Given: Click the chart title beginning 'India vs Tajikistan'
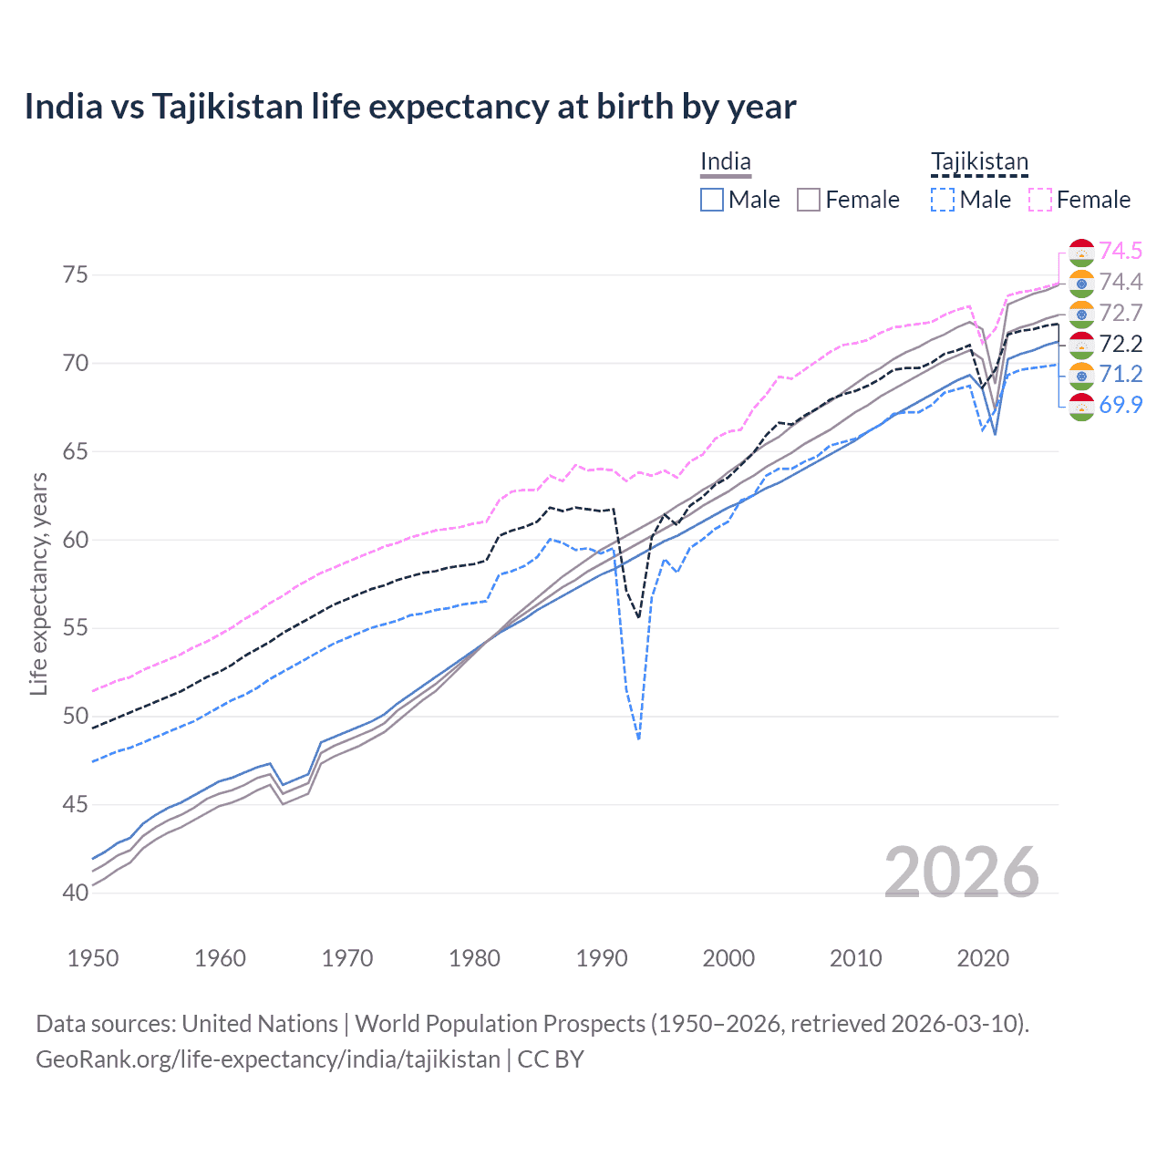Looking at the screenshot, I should (410, 107).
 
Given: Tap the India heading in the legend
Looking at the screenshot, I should (725, 162).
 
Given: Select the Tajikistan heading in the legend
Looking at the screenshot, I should (979, 162).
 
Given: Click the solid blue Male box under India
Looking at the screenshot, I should (712, 200).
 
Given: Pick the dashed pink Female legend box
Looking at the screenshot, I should (1040, 200).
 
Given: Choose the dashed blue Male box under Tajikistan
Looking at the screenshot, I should (943, 200).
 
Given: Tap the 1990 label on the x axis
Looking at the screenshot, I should (602, 958).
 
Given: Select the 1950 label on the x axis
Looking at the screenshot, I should (93, 958).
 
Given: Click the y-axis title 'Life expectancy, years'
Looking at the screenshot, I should (38, 583).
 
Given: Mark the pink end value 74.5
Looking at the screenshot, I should (1121, 251).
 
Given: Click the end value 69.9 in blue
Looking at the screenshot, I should (1121, 405).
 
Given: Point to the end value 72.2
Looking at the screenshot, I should (1121, 344).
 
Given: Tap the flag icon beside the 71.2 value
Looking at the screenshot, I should (1081, 375).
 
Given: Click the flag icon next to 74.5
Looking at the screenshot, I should (1081, 252).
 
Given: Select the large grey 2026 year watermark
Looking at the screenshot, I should (962, 873).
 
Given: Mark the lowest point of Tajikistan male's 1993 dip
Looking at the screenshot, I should (638, 738).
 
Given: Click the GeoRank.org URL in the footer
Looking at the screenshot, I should (268, 1059).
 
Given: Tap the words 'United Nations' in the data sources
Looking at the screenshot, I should (260, 1024).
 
